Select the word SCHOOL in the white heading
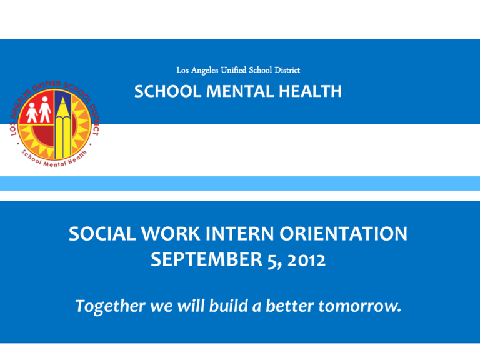click(x=167, y=91)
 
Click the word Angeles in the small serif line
click(x=204, y=71)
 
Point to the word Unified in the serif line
click(x=234, y=70)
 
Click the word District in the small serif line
click(x=287, y=70)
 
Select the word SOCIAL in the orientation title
click(x=102, y=234)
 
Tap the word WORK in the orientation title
click(x=171, y=234)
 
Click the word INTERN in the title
click(x=240, y=234)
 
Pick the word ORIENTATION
click(x=343, y=234)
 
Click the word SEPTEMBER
click(x=207, y=259)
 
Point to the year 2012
click(x=306, y=260)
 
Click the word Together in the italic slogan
click(x=110, y=306)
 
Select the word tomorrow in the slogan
click(x=360, y=306)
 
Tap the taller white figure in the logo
click(x=45, y=109)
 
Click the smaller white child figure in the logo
click(x=31, y=112)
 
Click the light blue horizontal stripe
click(x=240, y=183)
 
